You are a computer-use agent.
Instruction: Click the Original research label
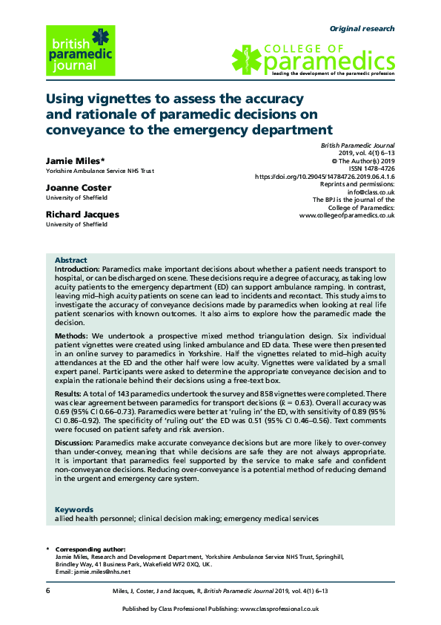click(x=362, y=29)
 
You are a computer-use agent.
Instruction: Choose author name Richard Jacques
click(x=82, y=215)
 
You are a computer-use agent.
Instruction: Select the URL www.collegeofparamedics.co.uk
click(x=347, y=216)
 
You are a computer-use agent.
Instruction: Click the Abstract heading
click(x=71, y=260)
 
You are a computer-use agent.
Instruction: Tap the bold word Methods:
click(x=73, y=336)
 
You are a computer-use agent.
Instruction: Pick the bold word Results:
click(x=70, y=393)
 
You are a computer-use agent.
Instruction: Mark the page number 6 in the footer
click(x=48, y=590)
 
